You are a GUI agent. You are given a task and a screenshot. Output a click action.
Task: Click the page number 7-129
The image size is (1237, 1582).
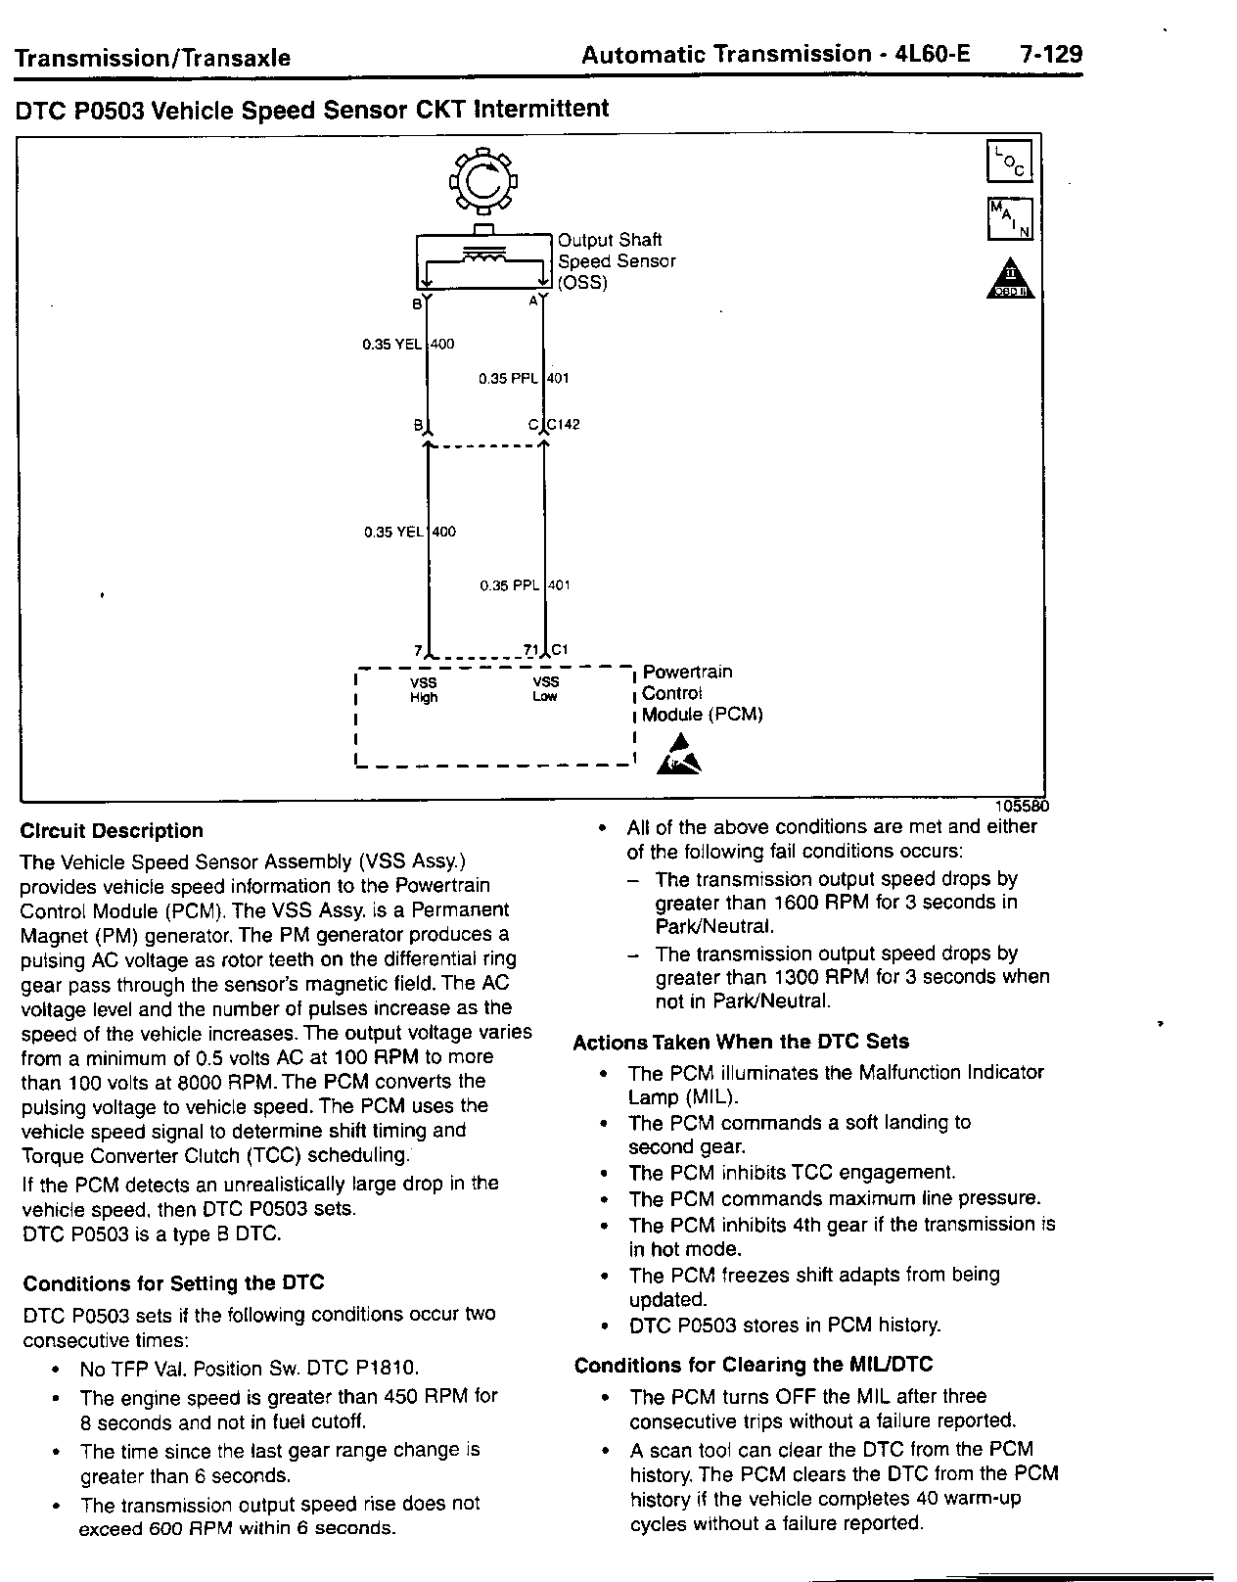1050,55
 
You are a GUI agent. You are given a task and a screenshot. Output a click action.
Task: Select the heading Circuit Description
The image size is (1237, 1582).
112,831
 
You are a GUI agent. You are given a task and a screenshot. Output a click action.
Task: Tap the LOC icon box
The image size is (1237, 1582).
1010,163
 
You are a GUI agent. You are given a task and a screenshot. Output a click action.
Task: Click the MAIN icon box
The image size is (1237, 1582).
1010,219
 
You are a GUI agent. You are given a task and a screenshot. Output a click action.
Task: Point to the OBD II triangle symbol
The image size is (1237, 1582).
1009,279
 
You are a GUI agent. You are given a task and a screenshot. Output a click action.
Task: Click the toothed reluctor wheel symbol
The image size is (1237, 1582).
482,181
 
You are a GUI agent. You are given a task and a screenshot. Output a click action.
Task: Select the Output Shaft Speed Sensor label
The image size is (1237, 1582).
616,261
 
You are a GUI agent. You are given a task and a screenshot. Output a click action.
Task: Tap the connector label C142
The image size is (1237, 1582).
564,425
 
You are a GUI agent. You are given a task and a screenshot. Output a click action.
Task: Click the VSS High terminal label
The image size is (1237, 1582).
424,690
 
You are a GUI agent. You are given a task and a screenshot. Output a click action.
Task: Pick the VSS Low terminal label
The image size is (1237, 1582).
545,689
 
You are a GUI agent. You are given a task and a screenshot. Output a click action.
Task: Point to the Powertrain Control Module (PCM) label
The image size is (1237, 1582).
701,693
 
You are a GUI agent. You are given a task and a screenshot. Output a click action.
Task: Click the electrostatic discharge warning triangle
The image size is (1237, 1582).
682,756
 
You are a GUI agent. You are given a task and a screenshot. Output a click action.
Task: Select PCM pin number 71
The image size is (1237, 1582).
530,649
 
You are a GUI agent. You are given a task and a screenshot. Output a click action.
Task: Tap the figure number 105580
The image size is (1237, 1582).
1022,807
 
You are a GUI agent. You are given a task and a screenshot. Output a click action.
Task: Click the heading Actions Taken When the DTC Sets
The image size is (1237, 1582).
741,1043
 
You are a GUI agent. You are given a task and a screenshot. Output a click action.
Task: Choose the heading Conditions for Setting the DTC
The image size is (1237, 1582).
173,1283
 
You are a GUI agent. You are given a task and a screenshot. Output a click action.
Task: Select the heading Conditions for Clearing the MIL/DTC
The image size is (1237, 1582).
754,1366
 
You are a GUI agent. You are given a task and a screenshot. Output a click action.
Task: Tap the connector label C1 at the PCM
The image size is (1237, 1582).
560,649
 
